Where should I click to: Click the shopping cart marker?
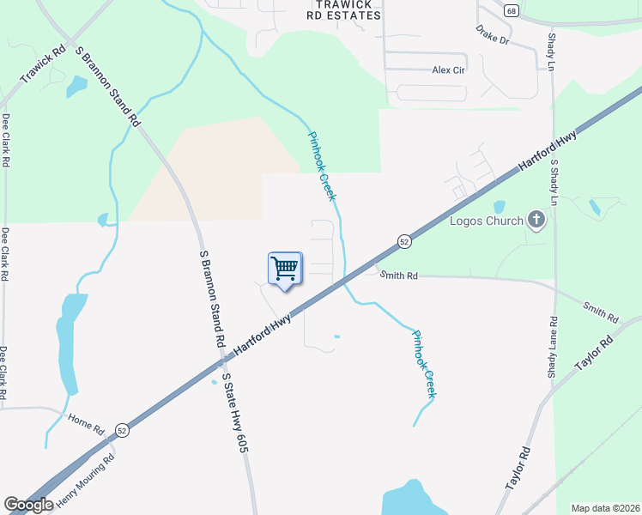pyautogui.click(x=285, y=269)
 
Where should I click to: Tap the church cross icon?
pyautogui.click(x=536, y=220)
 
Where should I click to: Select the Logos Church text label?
pyautogui.click(x=487, y=221)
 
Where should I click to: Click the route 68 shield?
pyautogui.click(x=512, y=10)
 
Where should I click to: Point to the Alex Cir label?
pyautogui.click(x=448, y=70)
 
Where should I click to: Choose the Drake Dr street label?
pyautogui.click(x=493, y=35)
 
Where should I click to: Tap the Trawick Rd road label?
pyautogui.click(x=43, y=65)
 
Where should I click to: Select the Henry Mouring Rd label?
pyautogui.click(x=85, y=482)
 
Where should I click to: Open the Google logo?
pyautogui.click(x=28, y=506)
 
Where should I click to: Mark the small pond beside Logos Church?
pyautogui.click(x=500, y=207)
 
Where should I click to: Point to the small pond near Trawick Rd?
pyautogui.click(x=76, y=86)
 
